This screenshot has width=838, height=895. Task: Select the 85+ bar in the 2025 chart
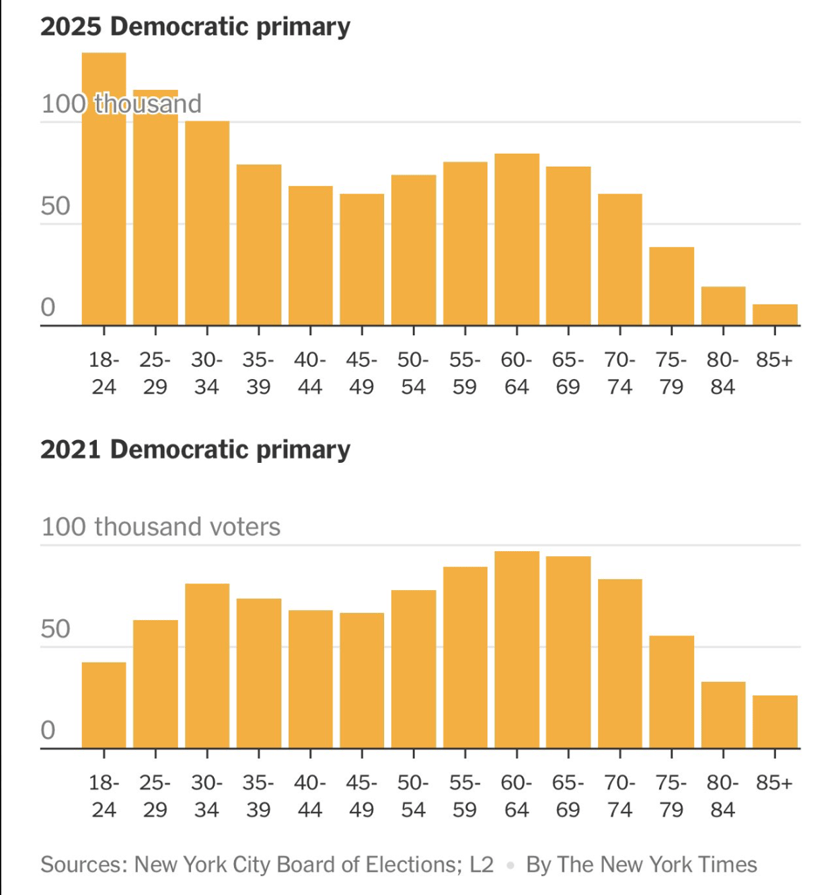click(775, 315)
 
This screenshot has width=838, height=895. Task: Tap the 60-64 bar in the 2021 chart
click(517, 650)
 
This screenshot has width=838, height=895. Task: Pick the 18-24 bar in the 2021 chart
click(104, 706)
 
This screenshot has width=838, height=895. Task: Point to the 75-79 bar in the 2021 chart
click(671, 692)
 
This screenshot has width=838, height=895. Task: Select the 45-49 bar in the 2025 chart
click(361, 260)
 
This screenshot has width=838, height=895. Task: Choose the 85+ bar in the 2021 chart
click(775, 722)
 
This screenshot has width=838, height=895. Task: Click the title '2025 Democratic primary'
click(196, 26)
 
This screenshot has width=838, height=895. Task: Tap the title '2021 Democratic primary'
click(196, 450)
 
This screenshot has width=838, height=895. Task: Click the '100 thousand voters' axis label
click(161, 527)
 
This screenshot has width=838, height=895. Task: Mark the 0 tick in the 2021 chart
click(49, 730)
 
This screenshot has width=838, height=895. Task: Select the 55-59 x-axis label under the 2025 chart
click(464, 373)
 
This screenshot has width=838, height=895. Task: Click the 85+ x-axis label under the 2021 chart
click(775, 783)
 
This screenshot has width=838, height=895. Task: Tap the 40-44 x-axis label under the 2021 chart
click(310, 796)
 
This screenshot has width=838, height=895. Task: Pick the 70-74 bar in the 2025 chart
click(620, 260)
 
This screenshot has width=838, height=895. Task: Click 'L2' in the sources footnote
click(480, 864)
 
